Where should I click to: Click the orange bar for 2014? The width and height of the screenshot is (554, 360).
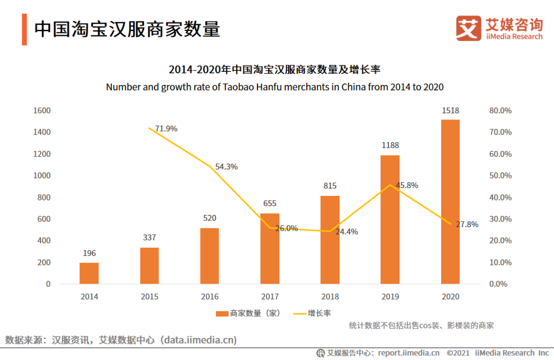pyautogui.click(x=89, y=273)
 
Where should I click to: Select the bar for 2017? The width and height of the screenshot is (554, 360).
pyautogui.click(x=270, y=249)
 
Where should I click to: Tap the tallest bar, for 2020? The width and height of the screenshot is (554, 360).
pyautogui.click(x=450, y=202)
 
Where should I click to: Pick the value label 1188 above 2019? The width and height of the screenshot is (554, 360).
pyautogui.click(x=390, y=146)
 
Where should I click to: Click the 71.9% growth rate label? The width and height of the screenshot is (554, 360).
pyautogui.click(x=166, y=129)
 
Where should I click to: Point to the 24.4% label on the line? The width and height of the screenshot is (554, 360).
pyautogui.click(x=347, y=232)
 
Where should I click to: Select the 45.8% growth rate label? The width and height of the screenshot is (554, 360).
pyautogui.click(x=408, y=185)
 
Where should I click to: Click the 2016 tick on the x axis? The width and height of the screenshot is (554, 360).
pyautogui.click(x=209, y=296)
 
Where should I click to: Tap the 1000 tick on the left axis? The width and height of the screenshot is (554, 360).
pyautogui.click(x=42, y=175)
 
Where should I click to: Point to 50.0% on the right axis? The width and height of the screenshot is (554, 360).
pyautogui.click(x=501, y=175)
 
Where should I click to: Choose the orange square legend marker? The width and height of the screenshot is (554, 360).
pyautogui.click(x=222, y=313)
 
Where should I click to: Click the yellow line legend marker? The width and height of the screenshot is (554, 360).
pyautogui.click(x=299, y=313)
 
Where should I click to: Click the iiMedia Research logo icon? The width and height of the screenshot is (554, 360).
pyautogui.click(x=468, y=28)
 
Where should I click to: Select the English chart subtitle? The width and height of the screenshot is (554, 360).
pyautogui.click(x=274, y=87)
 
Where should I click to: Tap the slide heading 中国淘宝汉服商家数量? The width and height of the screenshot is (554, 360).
pyautogui.click(x=127, y=29)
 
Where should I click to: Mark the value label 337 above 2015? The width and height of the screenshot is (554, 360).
pyautogui.click(x=149, y=237)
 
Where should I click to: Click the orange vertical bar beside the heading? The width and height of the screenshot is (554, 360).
pyautogui.click(x=24, y=29)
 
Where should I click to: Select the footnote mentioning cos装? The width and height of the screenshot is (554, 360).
pyautogui.click(x=421, y=325)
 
